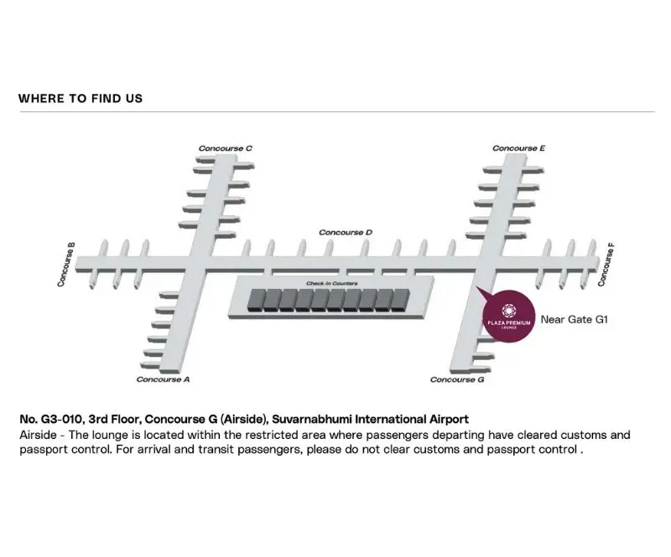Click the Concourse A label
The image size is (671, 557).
[x=163, y=379]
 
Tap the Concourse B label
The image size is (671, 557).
[x=66, y=265]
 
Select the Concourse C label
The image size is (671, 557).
[x=226, y=148]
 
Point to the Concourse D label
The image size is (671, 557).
[x=346, y=232]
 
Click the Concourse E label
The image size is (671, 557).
[x=518, y=148]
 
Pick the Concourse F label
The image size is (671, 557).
[x=606, y=265]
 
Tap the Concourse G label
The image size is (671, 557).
[x=457, y=379]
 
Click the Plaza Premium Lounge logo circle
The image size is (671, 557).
[x=509, y=317]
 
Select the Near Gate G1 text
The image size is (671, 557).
[x=575, y=319]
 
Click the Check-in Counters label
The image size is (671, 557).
[x=332, y=283]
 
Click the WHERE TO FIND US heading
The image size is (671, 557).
[x=81, y=98]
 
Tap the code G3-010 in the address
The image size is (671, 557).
[x=60, y=419]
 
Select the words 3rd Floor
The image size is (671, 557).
[x=114, y=419]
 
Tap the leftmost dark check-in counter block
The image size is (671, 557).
[x=256, y=300]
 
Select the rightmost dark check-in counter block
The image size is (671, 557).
[x=401, y=300]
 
